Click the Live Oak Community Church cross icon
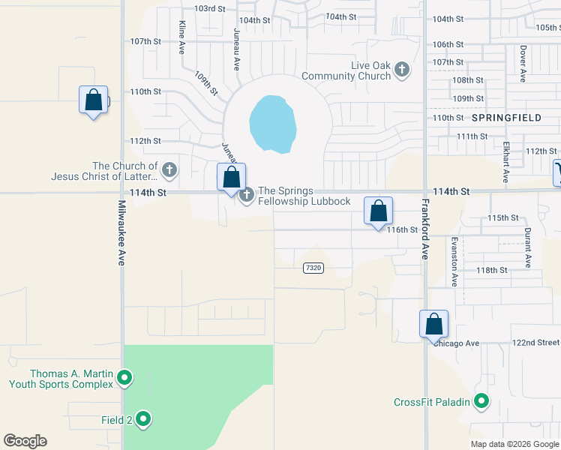402,70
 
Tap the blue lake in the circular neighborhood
271,123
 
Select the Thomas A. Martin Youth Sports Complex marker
125,378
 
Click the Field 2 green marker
143,419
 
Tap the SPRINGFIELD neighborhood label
506,118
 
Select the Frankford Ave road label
424,229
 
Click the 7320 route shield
313,268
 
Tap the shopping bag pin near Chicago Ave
433,324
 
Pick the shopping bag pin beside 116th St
379,211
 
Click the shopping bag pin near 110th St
93,100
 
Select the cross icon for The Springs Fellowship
246,196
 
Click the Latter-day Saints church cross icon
169,170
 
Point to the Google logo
25,441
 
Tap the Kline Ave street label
181,37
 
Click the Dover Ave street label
523,64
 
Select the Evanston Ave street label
454,262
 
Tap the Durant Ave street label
528,248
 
